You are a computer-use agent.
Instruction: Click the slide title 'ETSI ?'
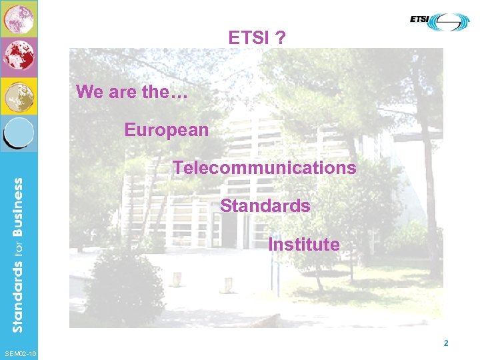tap(257, 38)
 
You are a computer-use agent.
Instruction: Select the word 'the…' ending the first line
tap(165, 92)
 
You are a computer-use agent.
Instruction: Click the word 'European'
tap(167, 129)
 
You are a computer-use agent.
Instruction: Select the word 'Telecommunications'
tap(265, 167)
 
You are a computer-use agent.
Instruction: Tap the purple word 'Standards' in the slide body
tap(265, 206)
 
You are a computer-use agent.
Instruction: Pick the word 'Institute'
tap(304, 245)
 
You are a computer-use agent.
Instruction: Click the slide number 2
tap(446, 344)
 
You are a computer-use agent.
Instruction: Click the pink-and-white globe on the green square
tap(19, 19)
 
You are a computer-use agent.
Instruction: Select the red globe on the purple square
tap(19, 57)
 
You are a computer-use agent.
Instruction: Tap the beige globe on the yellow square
tap(19, 96)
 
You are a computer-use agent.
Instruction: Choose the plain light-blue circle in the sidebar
tap(19, 132)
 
